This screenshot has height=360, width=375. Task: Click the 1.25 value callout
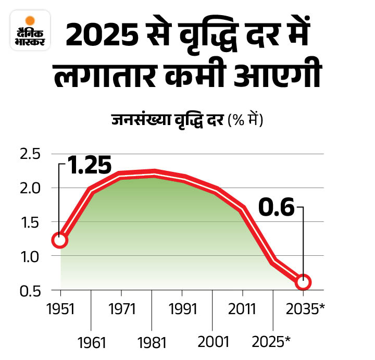tap(89, 165)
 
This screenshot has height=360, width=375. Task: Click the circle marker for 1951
tap(60, 240)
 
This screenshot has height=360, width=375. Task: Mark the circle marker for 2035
tap(303, 282)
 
